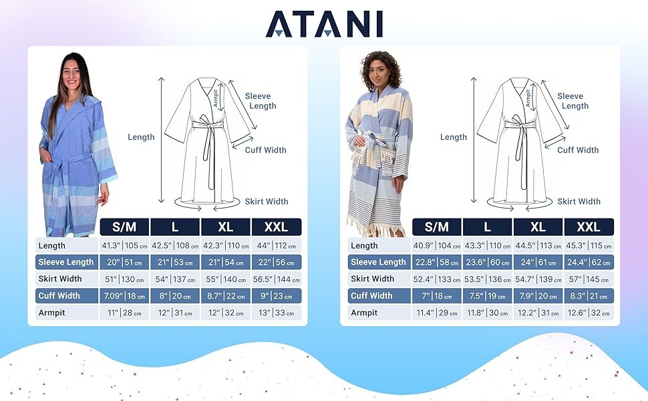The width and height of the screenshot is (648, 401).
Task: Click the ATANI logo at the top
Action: point(324,24)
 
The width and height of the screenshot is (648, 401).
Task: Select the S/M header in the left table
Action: point(124,227)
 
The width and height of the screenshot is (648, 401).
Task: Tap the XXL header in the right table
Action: point(589,227)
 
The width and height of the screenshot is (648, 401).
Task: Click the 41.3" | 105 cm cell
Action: point(124,245)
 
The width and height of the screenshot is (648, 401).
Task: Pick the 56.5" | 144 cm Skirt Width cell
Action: point(276,279)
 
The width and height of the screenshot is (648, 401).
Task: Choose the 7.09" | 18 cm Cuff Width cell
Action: point(124,296)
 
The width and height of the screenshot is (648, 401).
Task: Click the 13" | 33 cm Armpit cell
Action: point(276,313)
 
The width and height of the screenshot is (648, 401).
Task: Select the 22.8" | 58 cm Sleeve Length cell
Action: point(437,262)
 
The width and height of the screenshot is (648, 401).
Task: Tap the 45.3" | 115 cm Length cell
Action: point(589,245)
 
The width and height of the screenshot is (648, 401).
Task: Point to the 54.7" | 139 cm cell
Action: point(538,279)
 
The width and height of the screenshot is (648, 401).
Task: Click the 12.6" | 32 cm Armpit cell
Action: point(589,313)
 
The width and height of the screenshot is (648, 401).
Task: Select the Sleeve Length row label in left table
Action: point(66,262)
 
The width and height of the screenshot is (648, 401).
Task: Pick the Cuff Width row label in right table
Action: point(371,296)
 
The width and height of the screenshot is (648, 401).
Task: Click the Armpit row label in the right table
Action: point(364,313)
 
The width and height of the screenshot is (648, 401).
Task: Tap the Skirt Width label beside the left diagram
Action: point(267,201)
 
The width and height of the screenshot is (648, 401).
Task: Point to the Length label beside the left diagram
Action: point(141,137)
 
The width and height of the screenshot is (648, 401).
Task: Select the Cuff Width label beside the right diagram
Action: point(578,150)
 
